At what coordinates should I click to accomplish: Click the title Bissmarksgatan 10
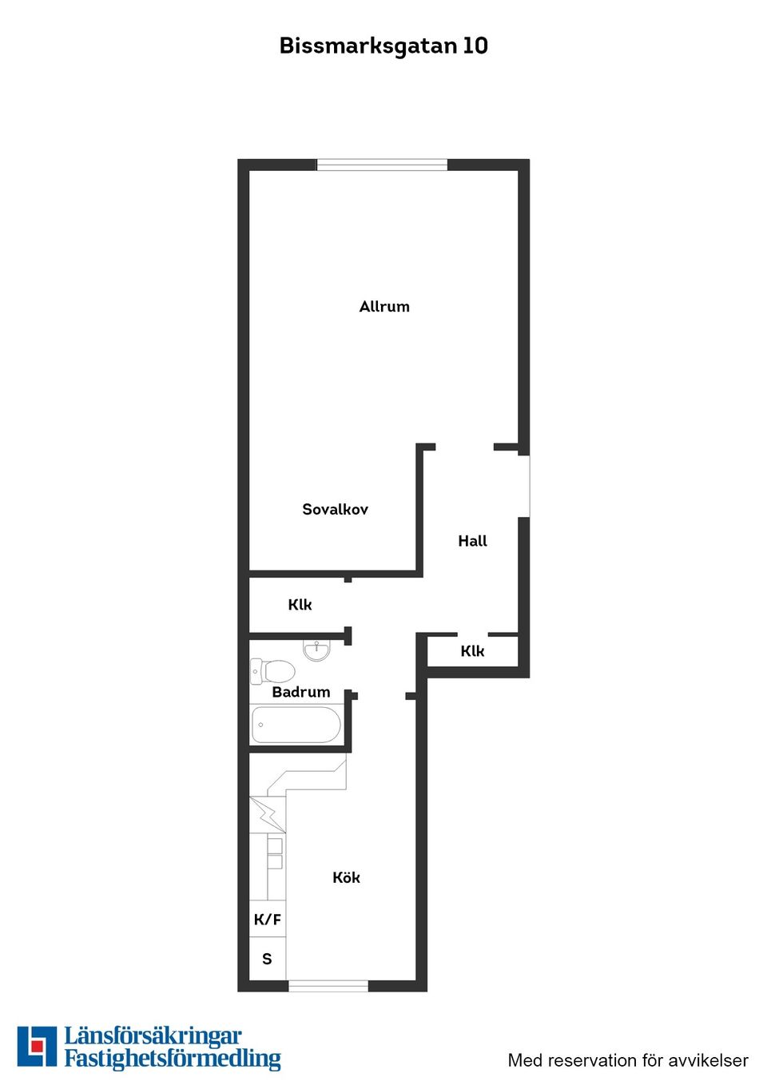pos(383,46)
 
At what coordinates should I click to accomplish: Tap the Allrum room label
pos(384,307)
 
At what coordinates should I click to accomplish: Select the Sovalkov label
pos(335,509)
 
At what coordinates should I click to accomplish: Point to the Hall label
pos(473,541)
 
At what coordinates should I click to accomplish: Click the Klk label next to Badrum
pos(300,605)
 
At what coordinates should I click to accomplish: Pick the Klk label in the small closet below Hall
pos(472,651)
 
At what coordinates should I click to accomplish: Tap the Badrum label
pos(301,692)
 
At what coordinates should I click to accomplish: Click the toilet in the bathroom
pos(272,671)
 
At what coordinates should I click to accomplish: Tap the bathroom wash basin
pos(316,650)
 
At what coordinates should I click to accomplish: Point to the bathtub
pos(296,725)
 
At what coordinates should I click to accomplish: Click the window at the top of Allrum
pos(382,165)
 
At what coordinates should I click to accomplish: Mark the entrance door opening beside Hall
pos(524,487)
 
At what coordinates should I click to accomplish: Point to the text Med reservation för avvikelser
pos(628,1060)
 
